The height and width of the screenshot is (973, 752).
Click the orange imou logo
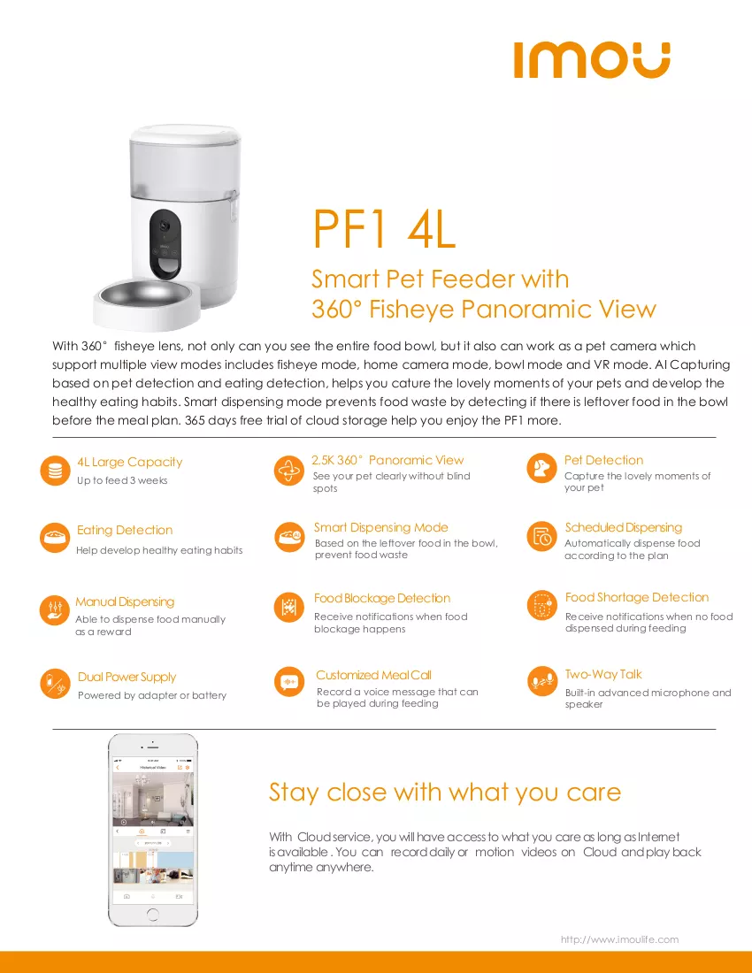pyautogui.click(x=592, y=60)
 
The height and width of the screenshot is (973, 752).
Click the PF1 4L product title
pyautogui.click(x=384, y=228)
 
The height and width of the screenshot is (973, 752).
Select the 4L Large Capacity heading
pyautogui.click(x=130, y=462)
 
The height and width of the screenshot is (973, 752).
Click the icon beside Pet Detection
pyautogui.click(x=541, y=469)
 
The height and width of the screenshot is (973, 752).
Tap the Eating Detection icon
pyautogui.click(x=55, y=538)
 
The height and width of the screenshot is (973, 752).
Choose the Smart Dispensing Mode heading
pyautogui.click(x=381, y=527)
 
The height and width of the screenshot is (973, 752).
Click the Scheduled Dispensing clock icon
pyautogui.click(x=541, y=536)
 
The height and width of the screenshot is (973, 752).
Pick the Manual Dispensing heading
pyautogui.click(x=125, y=601)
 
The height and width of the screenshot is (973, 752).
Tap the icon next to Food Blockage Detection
pyautogui.click(x=289, y=606)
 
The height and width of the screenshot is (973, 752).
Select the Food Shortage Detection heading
pyautogui.click(x=637, y=597)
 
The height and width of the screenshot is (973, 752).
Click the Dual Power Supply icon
pyautogui.click(x=55, y=684)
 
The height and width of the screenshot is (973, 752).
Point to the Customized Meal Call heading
pyautogui.click(x=373, y=675)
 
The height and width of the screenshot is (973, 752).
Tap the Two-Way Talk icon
pyautogui.click(x=541, y=681)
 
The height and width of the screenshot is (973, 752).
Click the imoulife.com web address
pyautogui.click(x=619, y=939)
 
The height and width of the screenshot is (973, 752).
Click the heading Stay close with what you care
pyautogui.click(x=445, y=793)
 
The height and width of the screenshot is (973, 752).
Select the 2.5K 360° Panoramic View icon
pyautogui.click(x=289, y=471)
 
